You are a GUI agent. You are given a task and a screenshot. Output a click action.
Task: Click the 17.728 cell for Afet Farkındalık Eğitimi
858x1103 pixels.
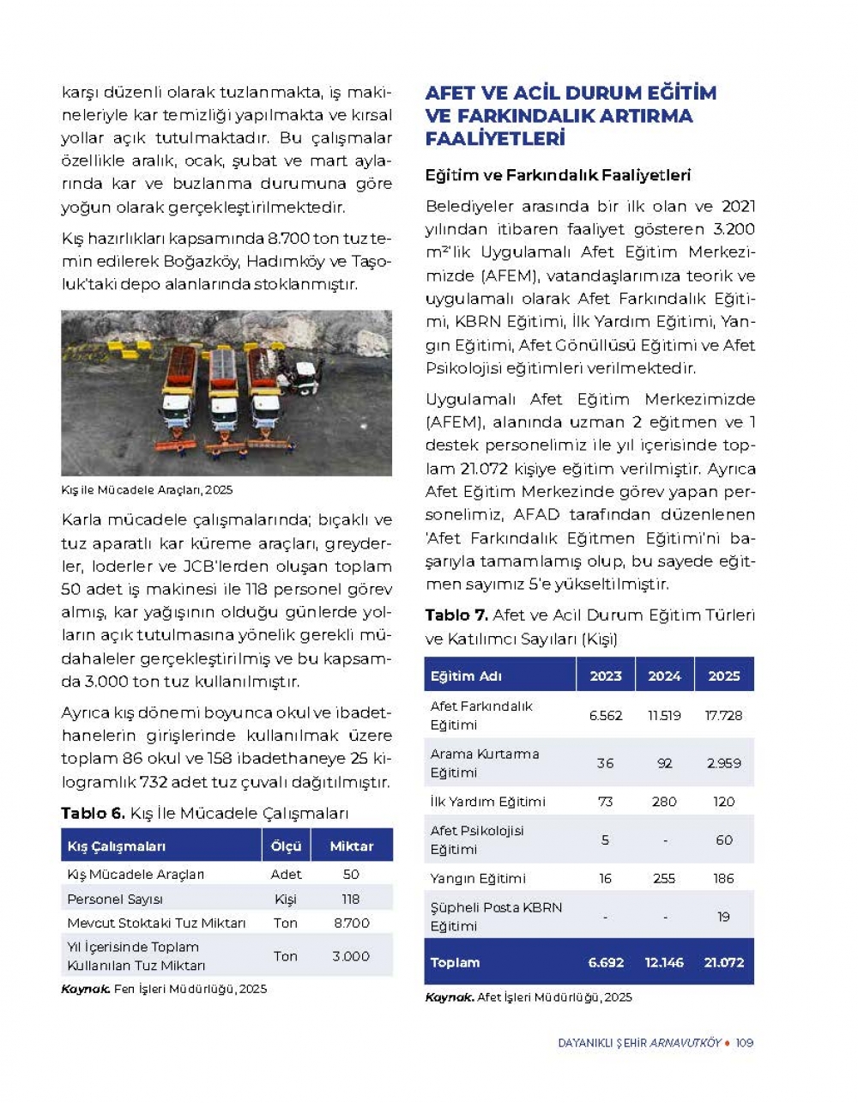pyautogui.click(x=723, y=715)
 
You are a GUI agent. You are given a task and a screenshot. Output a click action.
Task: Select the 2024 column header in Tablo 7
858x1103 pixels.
pyautogui.click(x=664, y=676)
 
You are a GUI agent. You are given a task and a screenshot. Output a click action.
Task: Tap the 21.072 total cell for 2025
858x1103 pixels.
pyautogui.click(x=723, y=962)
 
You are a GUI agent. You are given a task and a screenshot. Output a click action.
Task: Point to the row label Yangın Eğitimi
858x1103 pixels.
pyautogui.click(x=478, y=878)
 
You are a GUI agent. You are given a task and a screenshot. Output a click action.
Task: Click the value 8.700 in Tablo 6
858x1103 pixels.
pyautogui.click(x=351, y=923)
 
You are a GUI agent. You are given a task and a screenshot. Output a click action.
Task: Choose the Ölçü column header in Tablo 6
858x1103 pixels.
pyautogui.click(x=286, y=845)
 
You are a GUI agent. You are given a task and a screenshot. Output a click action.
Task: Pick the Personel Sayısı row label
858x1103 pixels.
pyautogui.click(x=115, y=899)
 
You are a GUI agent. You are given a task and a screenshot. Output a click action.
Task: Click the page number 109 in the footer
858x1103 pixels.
pyautogui.click(x=744, y=1042)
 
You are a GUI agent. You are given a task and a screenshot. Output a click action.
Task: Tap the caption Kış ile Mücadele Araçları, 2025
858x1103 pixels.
pyautogui.click(x=147, y=489)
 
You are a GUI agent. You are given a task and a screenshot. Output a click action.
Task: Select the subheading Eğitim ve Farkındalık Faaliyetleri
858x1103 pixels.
pyautogui.click(x=558, y=175)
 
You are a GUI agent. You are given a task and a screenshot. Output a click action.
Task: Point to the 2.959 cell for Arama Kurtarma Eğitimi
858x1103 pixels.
pyautogui.click(x=723, y=763)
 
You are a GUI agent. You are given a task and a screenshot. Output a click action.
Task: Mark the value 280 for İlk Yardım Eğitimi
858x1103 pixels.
pyautogui.click(x=664, y=802)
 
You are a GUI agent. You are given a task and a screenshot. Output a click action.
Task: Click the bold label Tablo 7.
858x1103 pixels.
pyautogui.click(x=456, y=615)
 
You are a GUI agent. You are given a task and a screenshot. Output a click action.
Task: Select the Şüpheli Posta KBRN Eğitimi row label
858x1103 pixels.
pyautogui.click(x=496, y=916)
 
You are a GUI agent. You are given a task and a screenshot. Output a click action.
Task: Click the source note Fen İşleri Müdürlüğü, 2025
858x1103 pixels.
pyautogui.click(x=190, y=989)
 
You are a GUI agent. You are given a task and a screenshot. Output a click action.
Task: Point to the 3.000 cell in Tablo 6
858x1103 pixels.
pyautogui.click(x=351, y=955)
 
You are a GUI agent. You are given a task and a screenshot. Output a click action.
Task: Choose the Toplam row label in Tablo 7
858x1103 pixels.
pyautogui.click(x=456, y=962)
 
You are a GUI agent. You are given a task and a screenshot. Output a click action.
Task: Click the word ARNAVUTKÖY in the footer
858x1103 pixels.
pyautogui.click(x=685, y=1042)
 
